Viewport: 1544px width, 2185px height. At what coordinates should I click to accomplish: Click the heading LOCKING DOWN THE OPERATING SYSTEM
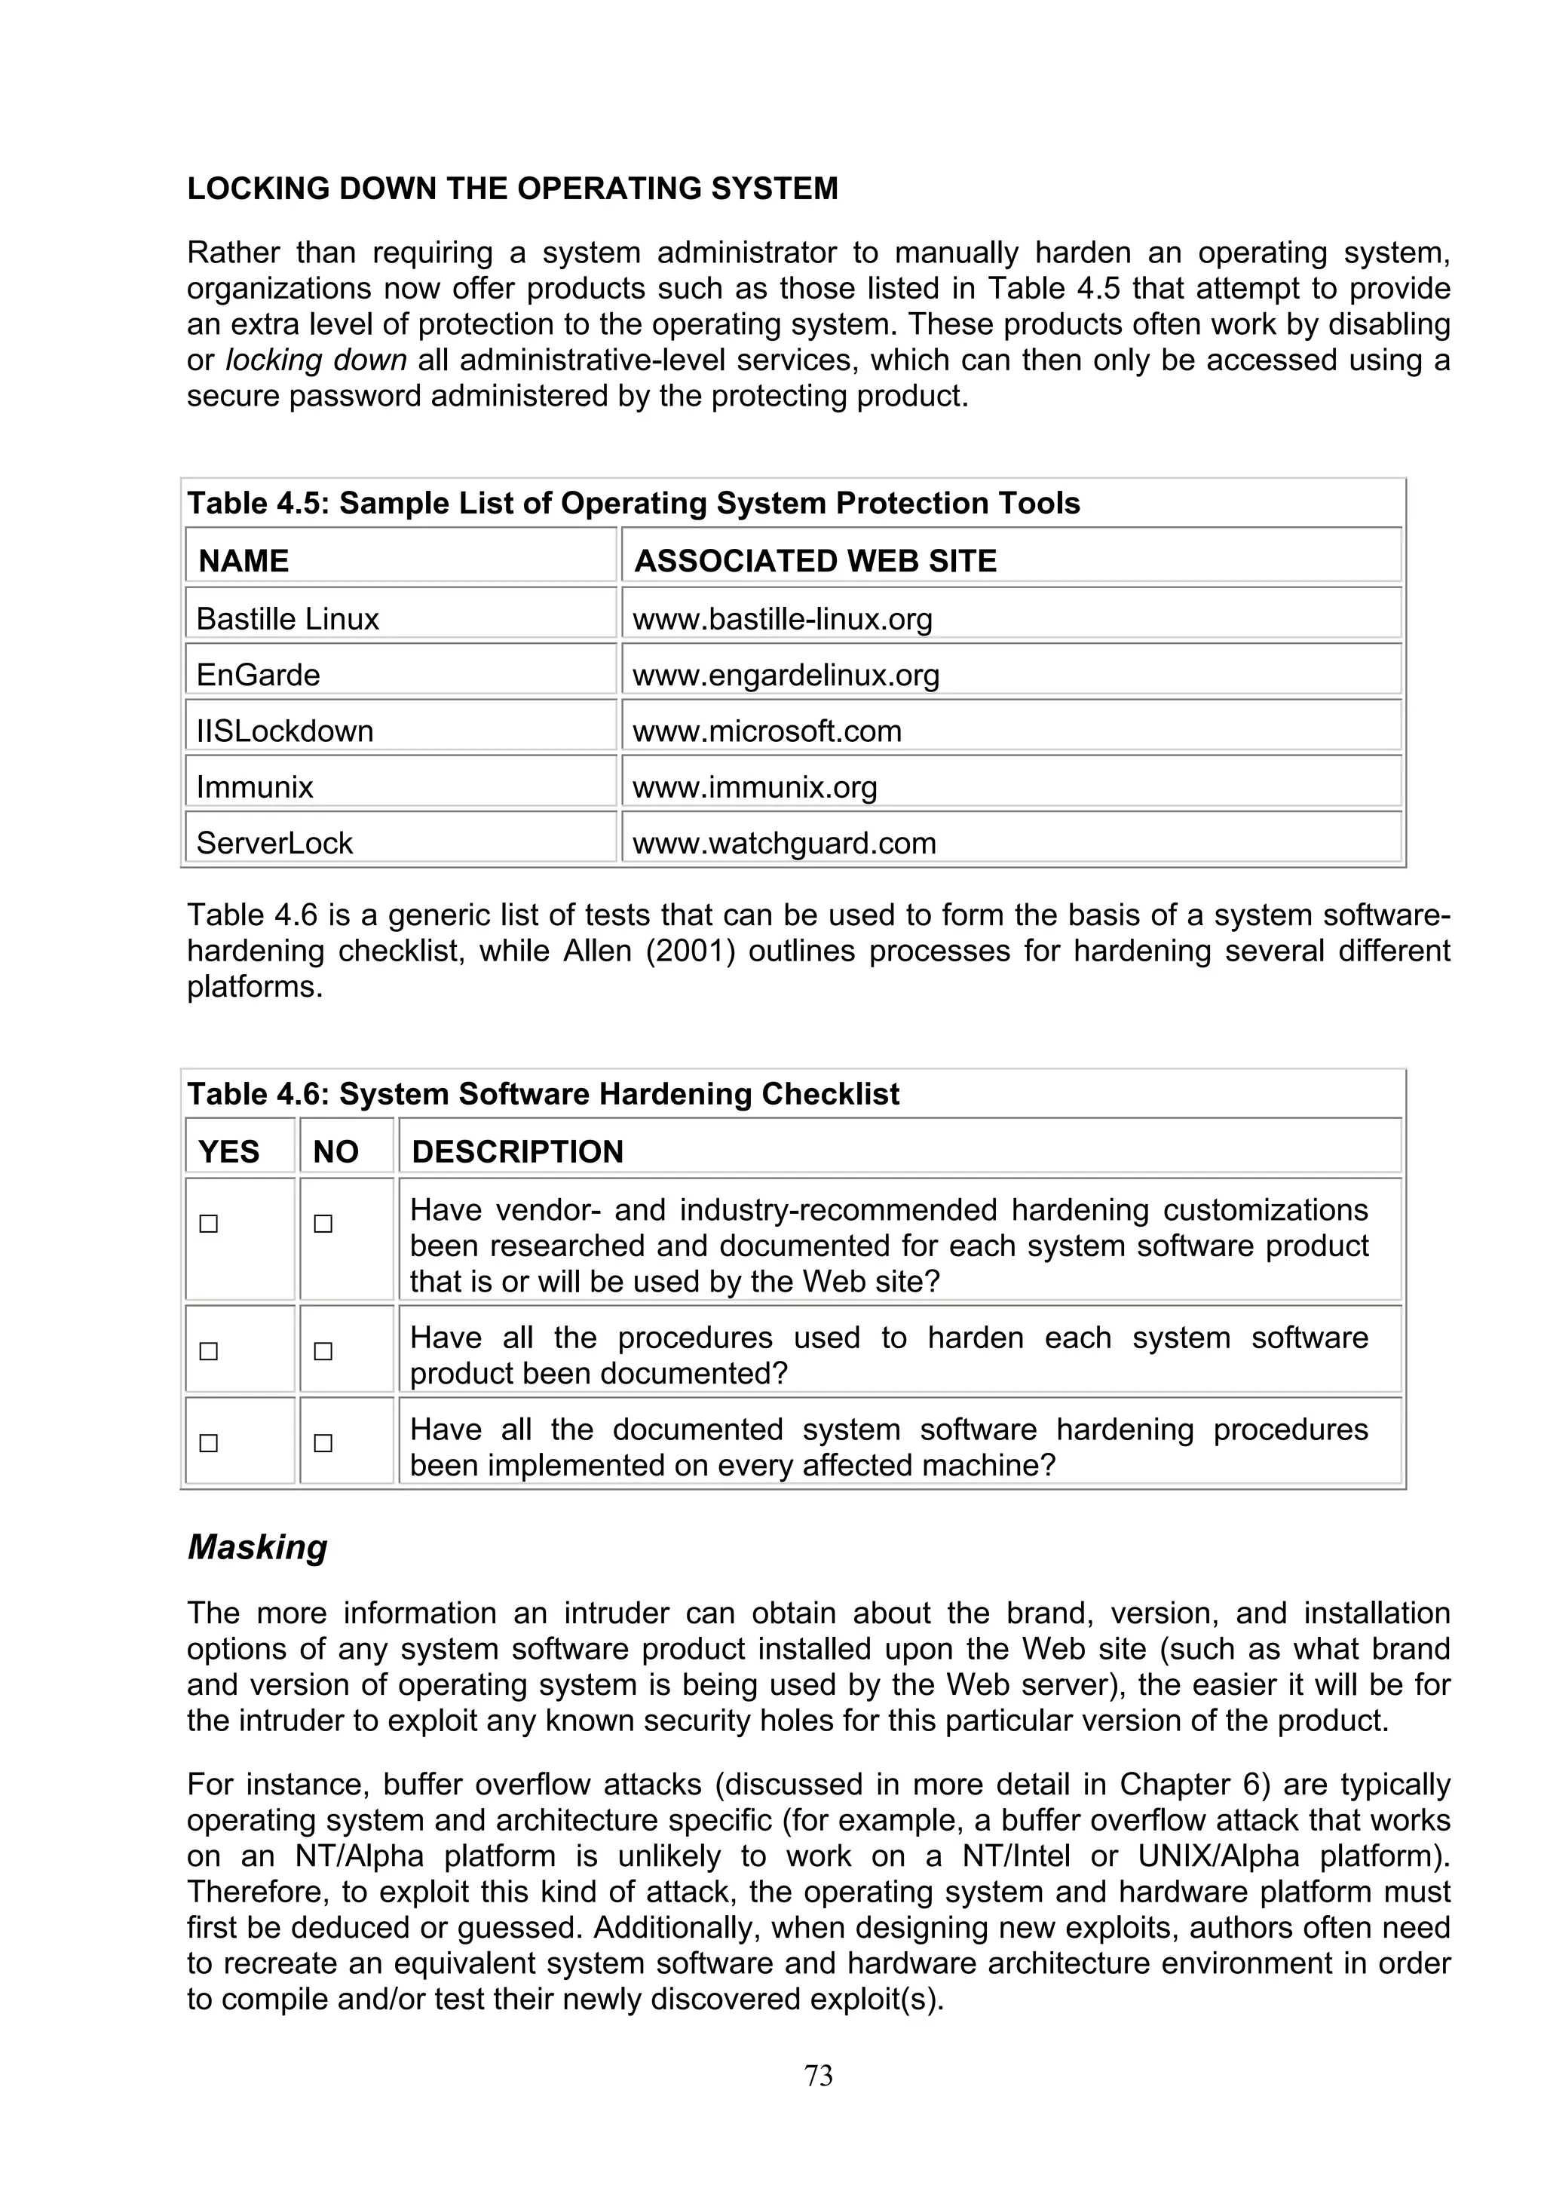tap(512, 188)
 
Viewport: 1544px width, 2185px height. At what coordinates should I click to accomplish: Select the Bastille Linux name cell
tap(287, 620)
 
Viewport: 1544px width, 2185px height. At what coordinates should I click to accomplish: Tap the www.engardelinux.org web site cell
tap(786, 676)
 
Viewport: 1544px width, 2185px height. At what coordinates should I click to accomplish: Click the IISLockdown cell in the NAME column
tap(284, 731)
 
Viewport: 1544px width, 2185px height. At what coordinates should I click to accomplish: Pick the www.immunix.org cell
tap(755, 787)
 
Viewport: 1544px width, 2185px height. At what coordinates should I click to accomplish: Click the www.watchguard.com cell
tap(784, 843)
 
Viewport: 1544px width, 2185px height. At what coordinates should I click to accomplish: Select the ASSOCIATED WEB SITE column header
tap(815, 560)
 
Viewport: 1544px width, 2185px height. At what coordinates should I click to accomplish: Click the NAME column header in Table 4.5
tap(244, 560)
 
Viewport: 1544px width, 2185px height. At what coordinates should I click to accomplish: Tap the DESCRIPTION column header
tap(517, 1151)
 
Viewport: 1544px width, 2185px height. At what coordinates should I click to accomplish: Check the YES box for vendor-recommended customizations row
tap(208, 1224)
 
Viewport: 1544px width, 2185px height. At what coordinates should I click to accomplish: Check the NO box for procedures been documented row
tap(323, 1351)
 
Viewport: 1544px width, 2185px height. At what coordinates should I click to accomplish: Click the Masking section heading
tap(257, 1547)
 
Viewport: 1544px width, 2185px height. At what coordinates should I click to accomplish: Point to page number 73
tap(818, 2076)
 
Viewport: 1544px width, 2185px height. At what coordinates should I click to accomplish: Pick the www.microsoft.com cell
tap(767, 731)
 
